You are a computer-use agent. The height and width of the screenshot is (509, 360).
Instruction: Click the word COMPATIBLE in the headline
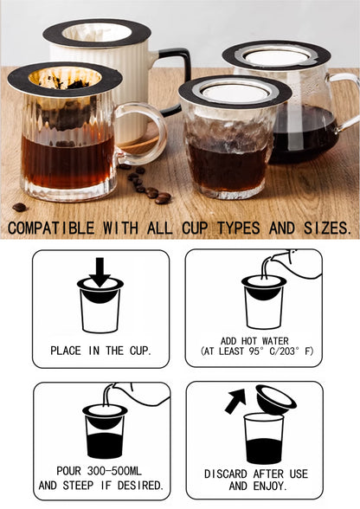coord(51,228)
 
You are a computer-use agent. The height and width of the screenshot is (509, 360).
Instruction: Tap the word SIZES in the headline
coord(327,228)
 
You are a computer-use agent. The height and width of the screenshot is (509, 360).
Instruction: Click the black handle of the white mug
coord(177,78)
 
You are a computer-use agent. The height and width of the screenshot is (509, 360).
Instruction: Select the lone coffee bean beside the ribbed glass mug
coord(20,207)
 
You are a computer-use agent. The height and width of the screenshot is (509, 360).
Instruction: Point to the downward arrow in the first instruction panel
coord(100,272)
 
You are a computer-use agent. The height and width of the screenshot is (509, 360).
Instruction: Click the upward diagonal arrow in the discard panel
coord(236,401)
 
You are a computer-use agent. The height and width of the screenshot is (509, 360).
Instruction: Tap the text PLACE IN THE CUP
coord(100,351)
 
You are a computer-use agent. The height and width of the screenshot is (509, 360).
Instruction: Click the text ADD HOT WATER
coord(254,341)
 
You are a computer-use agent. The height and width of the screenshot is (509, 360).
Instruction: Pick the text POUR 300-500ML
coord(99,471)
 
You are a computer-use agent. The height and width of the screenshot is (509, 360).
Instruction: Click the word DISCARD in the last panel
coord(226,474)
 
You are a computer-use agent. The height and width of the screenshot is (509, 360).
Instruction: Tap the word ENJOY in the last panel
coord(270,486)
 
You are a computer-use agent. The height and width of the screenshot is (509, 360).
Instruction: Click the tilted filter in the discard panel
coord(275,398)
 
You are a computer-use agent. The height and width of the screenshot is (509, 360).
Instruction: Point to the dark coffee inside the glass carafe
coord(304,133)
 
